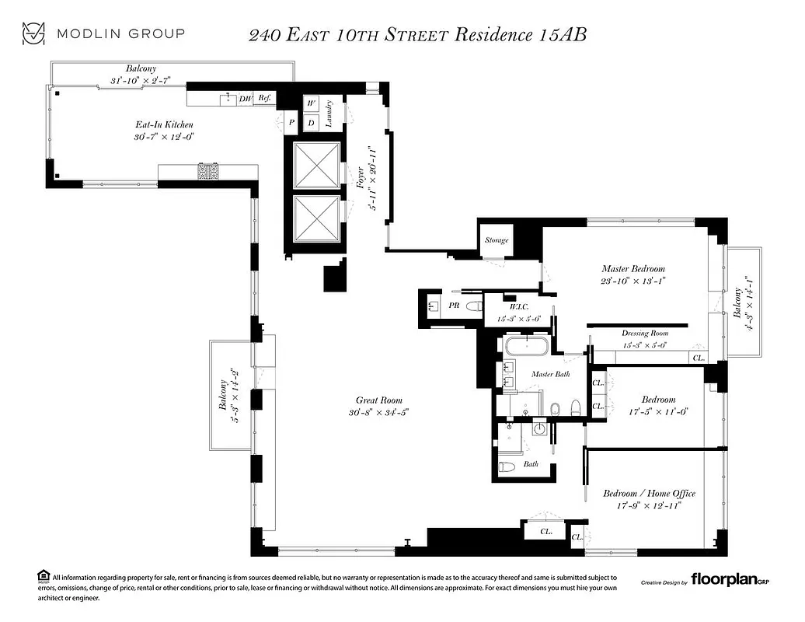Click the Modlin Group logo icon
(x=33, y=33)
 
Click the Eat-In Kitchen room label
(x=164, y=124)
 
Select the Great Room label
(x=379, y=400)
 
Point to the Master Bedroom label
(x=633, y=269)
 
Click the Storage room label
(x=497, y=240)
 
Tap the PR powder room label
(x=454, y=306)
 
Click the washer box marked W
(x=312, y=104)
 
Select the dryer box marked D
(x=312, y=122)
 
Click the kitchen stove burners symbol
(x=208, y=171)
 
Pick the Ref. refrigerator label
(x=265, y=99)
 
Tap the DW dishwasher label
(x=246, y=99)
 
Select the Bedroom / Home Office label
(x=649, y=493)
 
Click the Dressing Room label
(x=645, y=334)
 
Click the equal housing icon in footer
(x=42, y=577)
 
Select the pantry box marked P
(x=292, y=122)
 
